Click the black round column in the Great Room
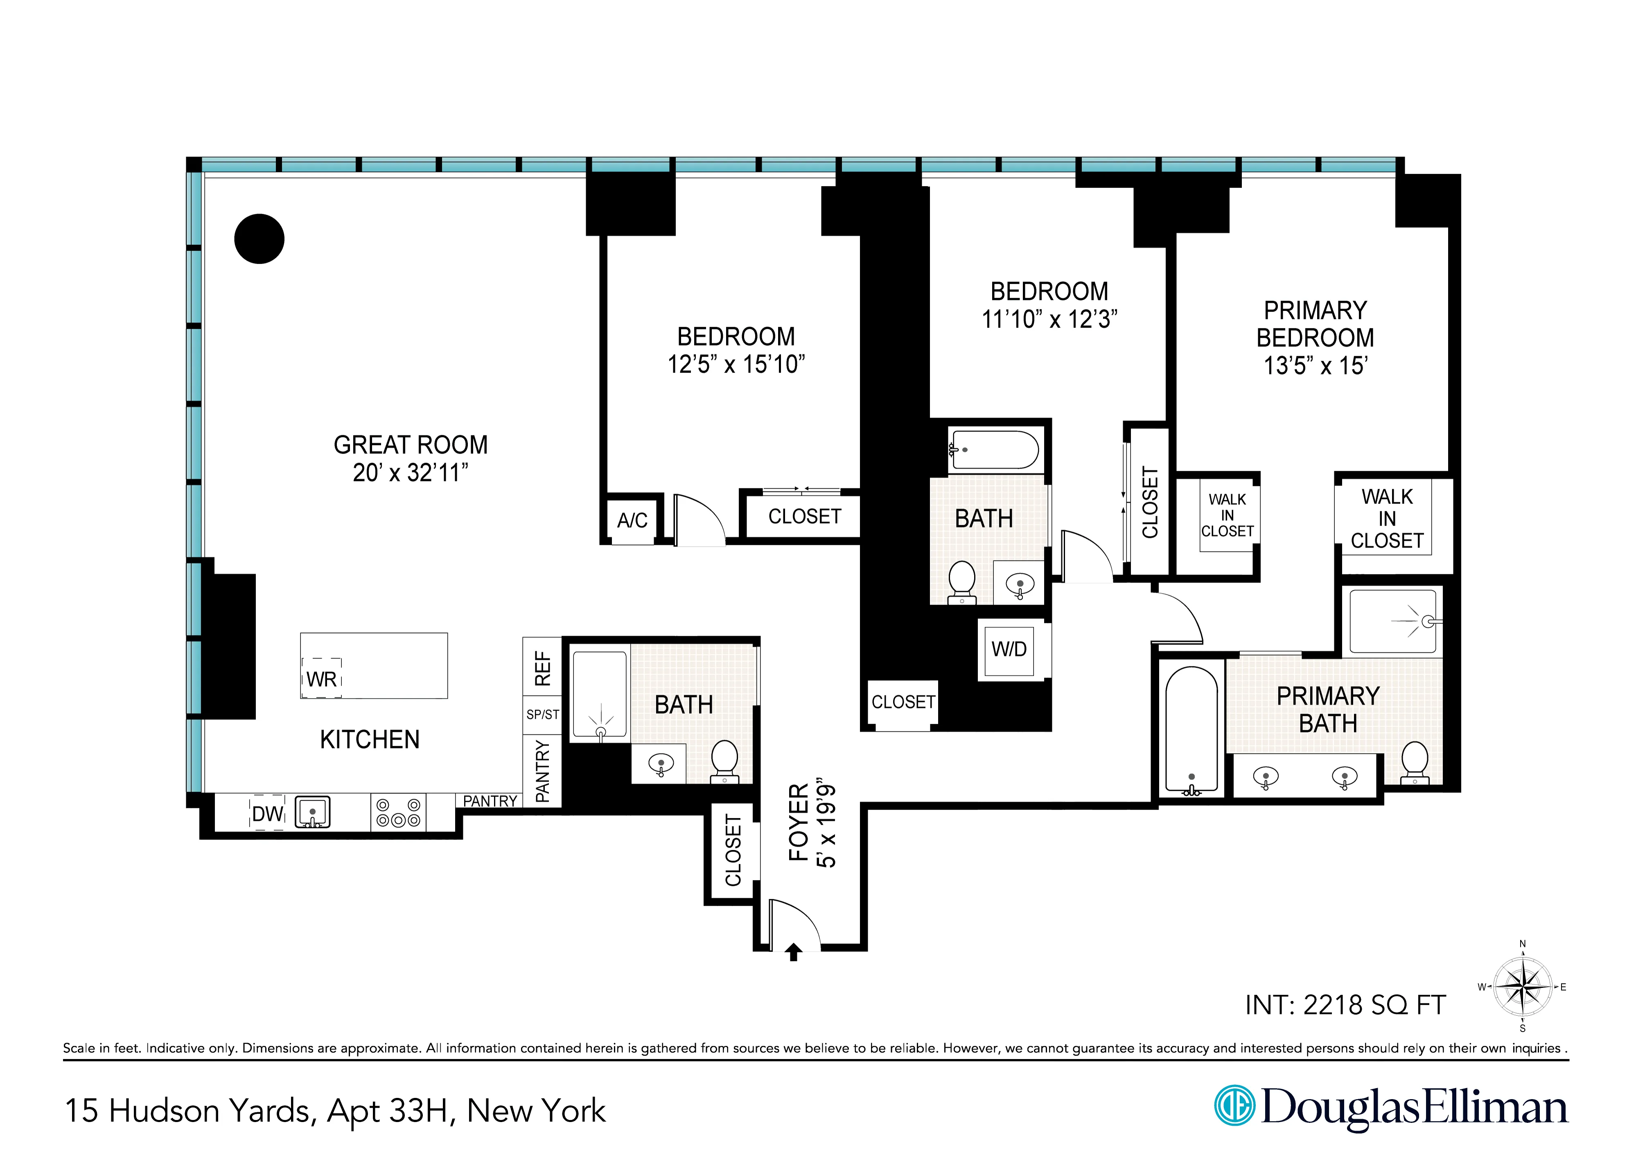tap(260, 238)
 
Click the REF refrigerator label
tap(542, 668)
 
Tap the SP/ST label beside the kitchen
tap(542, 714)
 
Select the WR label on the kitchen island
tap(321, 679)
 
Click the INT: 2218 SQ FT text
tap(1345, 1005)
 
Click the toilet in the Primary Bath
tap(1415, 762)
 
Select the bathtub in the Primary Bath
tap(1191, 731)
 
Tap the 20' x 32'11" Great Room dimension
tap(411, 472)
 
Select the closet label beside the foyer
tap(733, 852)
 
